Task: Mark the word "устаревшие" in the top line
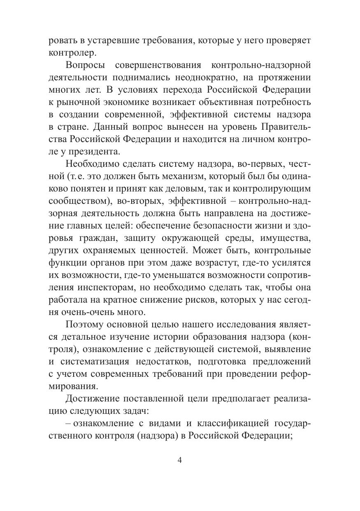(95, 40)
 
